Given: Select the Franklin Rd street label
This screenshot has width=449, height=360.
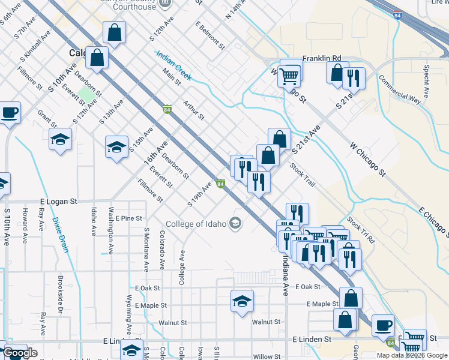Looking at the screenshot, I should pos(321,58).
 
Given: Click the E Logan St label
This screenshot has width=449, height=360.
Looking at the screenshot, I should pos(59,203).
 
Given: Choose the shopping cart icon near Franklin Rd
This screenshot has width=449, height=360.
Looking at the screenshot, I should pos(289,76).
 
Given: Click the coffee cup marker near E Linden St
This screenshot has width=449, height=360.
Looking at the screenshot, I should pos(383,325).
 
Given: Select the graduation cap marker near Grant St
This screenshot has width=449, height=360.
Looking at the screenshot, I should pos(60,140).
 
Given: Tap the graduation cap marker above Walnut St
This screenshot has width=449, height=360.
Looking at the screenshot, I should pos(241,301).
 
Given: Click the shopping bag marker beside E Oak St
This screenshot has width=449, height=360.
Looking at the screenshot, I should pos(351,298).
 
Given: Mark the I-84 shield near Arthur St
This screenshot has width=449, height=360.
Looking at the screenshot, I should pos(166,109).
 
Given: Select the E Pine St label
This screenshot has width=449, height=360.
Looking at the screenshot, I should pos(129,218).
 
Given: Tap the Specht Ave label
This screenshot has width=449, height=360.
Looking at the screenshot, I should pos(426,82).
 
